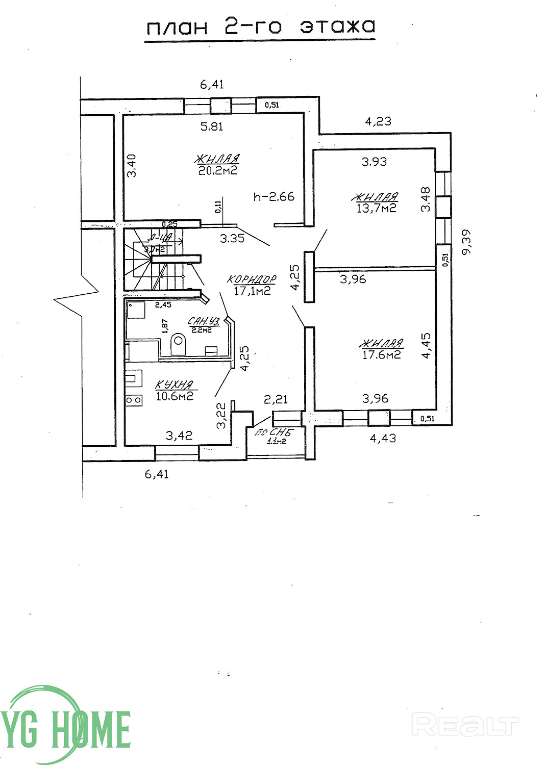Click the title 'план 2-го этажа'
260,27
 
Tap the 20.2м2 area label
218,170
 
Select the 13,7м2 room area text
377,208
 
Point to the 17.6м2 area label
381,354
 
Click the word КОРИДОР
252,279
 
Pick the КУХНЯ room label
174,385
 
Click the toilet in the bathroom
178,343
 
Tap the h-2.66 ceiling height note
274,196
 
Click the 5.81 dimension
212,126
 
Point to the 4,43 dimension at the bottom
382,438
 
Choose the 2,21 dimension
276,399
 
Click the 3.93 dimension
374,162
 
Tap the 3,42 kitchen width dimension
179,436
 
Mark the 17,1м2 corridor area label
252,291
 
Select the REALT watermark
464,725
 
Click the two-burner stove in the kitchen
134,400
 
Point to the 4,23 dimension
378,121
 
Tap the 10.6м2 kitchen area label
175,396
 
